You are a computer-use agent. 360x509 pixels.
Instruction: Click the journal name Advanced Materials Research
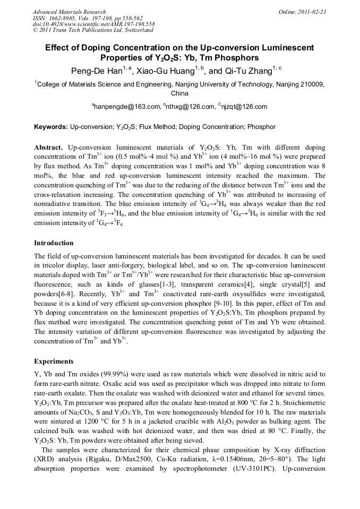click(x=69, y=12)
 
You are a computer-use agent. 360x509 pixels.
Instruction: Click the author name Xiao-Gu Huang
click(x=167, y=71)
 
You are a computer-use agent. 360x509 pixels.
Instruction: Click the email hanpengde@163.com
click(x=127, y=107)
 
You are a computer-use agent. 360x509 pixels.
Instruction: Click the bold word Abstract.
click(x=48, y=147)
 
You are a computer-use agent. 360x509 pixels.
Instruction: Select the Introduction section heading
click(x=54, y=243)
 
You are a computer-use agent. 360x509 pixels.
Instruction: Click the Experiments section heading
click(x=53, y=361)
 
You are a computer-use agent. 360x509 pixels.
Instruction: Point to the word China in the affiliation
click(x=179, y=93)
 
